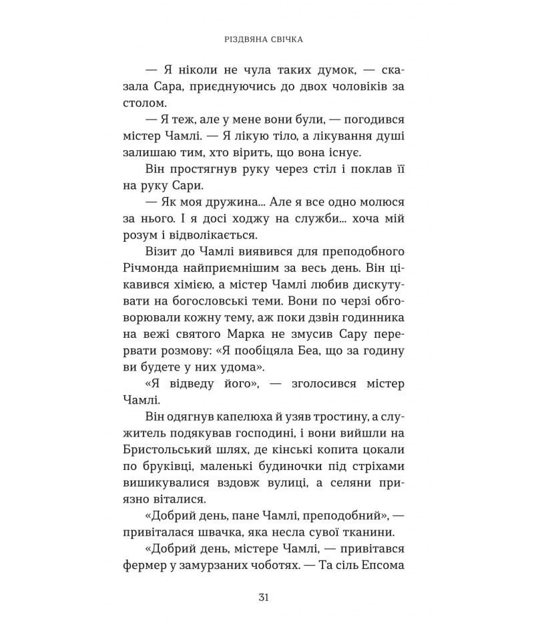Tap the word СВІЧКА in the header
click(x=286, y=39)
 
